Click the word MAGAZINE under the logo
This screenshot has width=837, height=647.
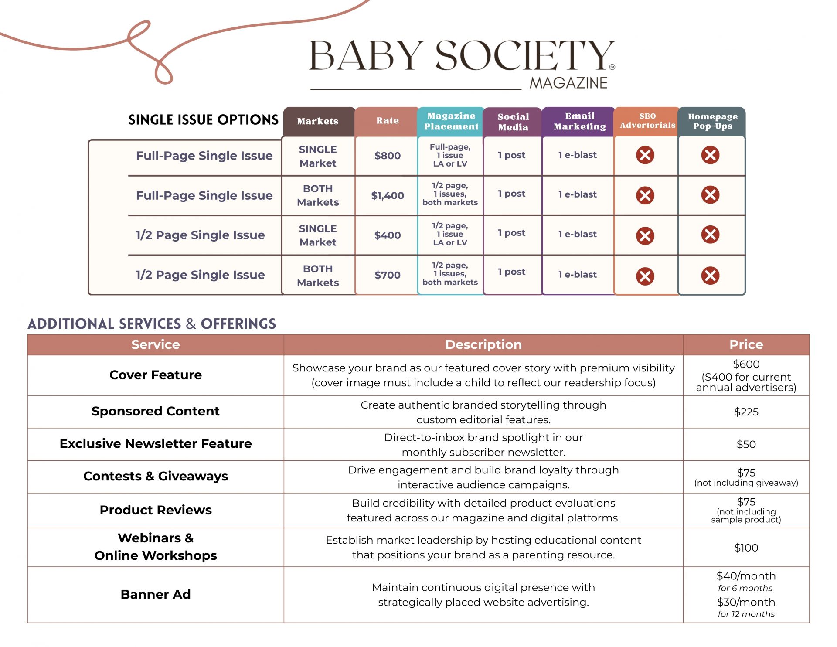click(x=568, y=83)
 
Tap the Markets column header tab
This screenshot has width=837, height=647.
click(x=318, y=121)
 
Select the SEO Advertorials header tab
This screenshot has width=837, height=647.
click(x=647, y=121)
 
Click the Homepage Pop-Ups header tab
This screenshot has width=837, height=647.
click(x=712, y=121)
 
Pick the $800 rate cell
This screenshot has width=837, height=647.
click(x=387, y=156)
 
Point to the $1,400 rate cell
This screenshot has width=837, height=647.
click(x=387, y=195)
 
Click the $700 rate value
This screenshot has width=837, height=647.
click(x=387, y=275)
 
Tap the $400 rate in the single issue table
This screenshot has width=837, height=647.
click(x=387, y=235)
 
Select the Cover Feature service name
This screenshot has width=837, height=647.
click(x=156, y=375)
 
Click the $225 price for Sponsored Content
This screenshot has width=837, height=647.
click(x=746, y=412)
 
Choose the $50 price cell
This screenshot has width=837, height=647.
click(x=746, y=444)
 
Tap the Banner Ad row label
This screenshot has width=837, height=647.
click(x=156, y=594)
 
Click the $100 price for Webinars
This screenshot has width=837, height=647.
click(x=746, y=548)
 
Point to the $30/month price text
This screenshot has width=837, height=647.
click(x=746, y=602)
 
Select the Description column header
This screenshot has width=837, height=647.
click(x=483, y=344)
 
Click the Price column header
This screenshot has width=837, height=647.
click(x=746, y=344)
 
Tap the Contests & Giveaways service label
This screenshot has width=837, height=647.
click(x=156, y=476)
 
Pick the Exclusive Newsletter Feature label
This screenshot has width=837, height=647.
click(x=156, y=443)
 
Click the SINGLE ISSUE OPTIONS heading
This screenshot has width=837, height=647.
click(x=203, y=120)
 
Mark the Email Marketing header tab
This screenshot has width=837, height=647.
click(x=579, y=121)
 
